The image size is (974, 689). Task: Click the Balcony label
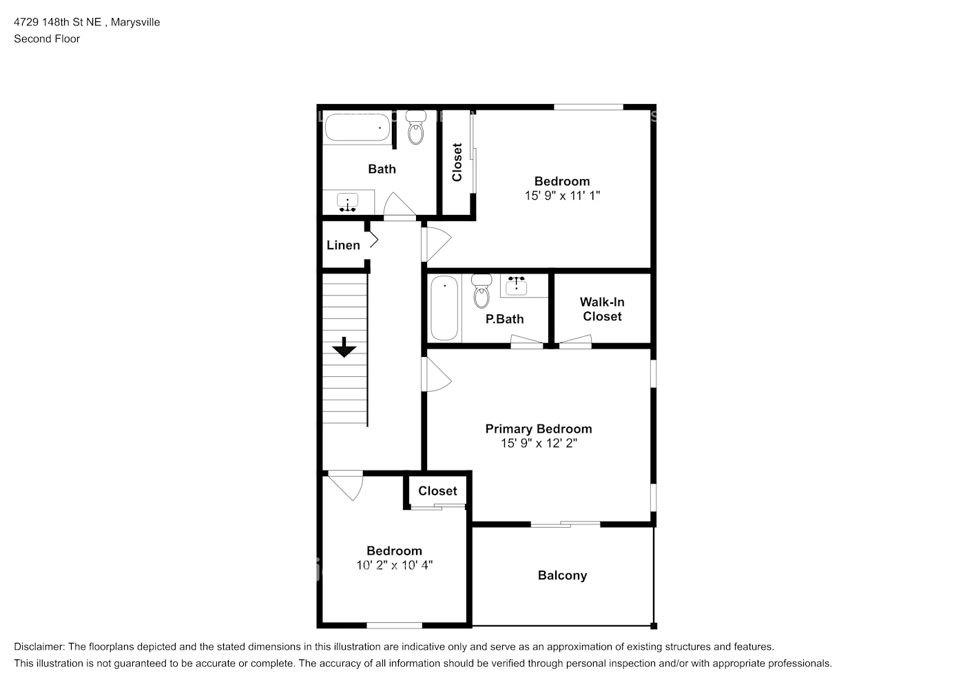click(x=562, y=575)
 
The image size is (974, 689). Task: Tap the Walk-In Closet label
click(x=602, y=309)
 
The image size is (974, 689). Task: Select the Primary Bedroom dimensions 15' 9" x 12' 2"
click(x=539, y=443)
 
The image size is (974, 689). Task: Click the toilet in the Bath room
click(x=415, y=127)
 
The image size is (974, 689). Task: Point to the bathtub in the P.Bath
click(x=444, y=309)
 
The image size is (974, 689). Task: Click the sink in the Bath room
click(x=347, y=203)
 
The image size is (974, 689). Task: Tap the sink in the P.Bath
click(x=516, y=286)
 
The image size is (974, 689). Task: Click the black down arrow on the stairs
click(x=344, y=347)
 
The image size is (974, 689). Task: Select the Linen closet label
click(x=344, y=245)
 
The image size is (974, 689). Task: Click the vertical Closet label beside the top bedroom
click(x=457, y=162)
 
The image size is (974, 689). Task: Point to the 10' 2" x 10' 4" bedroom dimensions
click(x=395, y=565)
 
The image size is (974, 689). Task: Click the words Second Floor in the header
click(x=47, y=39)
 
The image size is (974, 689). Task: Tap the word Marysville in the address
click(x=135, y=22)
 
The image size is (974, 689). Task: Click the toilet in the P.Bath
click(x=481, y=291)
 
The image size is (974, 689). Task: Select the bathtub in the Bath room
click(x=358, y=127)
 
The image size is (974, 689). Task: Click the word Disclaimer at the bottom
click(x=39, y=647)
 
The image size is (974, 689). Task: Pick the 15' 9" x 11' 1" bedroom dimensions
click(x=562, y=196)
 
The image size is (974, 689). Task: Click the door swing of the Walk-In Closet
click(x=575, y=342)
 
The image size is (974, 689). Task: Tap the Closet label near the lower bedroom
click(x=437, y=491)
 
